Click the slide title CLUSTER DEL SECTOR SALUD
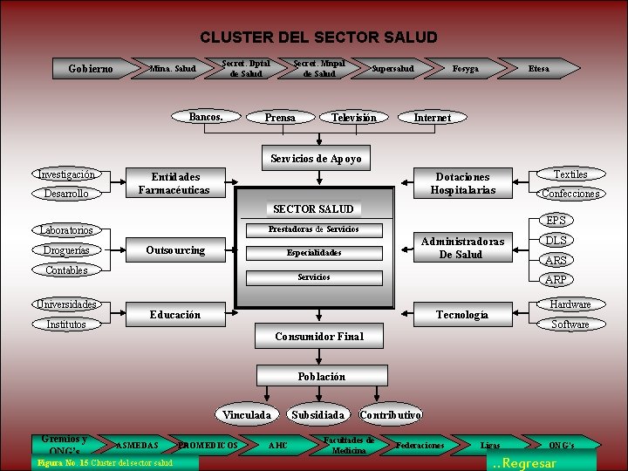[x=318, y=38]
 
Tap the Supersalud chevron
[x=393, y=68]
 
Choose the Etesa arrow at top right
[x=539, y=68]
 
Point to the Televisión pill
[x=354, y=117]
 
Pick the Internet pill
[x=432, y=117]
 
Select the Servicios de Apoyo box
[x=315, y=158]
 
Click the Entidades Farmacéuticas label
[x=174, y=183]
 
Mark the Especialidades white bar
[x=314, y=253]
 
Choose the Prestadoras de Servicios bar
[x=314, y=229]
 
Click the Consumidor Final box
[x=318, y=336]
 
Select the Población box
[x=321, y=377]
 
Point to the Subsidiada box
[x=317, y=415]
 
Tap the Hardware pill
[x=570, y=304]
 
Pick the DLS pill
[x=556, y=241]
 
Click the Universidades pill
[x=67, y=304]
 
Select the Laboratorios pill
[x=65, y=230]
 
